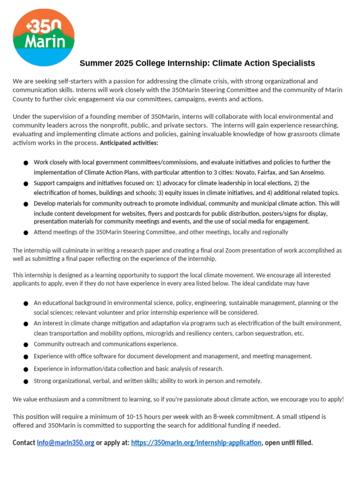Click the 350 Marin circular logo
tap(43, 37)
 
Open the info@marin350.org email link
tap(66, 442)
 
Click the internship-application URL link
tap(196, 442)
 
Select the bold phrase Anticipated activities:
tap(129, 143)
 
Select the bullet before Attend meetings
tap(26, 232)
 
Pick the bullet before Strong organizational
tap(26, 382)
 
